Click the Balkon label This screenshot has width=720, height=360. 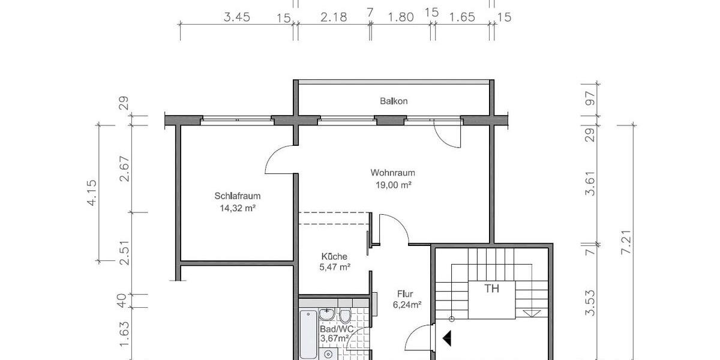pos(394,101)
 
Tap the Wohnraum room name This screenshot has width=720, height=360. pos(393,173)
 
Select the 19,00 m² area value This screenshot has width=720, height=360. pos(393,185)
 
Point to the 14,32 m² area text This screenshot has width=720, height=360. pos(238,208)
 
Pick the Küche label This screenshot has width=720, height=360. pos(334,256)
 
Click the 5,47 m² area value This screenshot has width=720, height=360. pos(335,268)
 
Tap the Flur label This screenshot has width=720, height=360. pos(405,294)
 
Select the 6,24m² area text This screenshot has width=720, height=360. pos(406,305)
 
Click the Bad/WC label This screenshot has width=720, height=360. pos(334,329)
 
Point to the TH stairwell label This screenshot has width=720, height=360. pos(492,289)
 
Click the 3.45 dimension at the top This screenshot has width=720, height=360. pos(236,17)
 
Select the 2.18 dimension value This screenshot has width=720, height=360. pos(334,17)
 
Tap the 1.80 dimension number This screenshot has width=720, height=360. pos(401,17)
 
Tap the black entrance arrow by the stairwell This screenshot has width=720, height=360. pos(447,339)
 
